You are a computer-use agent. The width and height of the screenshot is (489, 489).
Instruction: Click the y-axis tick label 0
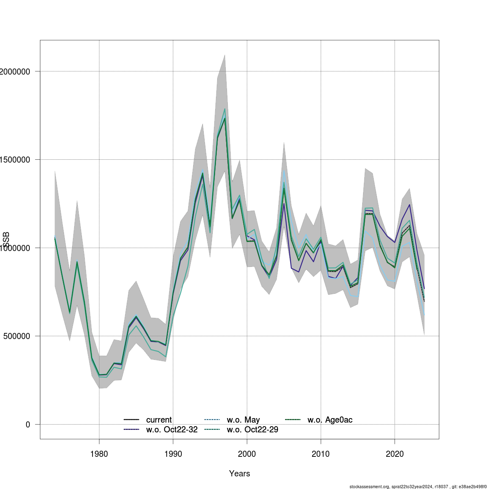click(x=27, y=425)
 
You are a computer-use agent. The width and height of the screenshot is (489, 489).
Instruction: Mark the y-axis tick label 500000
click(x=16, y=336)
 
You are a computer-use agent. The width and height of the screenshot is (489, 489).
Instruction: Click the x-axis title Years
click(x=240, y=474)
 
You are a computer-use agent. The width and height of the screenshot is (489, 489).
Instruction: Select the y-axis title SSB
click(x=6, y=240)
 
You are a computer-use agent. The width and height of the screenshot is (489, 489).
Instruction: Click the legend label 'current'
click(x=159, y=420)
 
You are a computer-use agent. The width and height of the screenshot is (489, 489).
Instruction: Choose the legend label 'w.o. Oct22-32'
click(x=172, y=430)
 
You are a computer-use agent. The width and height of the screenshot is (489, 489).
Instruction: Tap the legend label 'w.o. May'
click(x=243, y=420)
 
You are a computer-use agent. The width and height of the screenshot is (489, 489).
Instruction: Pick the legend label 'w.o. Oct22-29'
click(x=252, y=430)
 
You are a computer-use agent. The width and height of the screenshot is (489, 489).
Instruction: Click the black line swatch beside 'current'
click(x=132, y=420)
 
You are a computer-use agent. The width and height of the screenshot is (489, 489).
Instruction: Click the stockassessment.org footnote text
click(x=418, y=487)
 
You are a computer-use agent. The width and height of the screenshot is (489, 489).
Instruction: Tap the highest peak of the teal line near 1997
click(x=225, y=109)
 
